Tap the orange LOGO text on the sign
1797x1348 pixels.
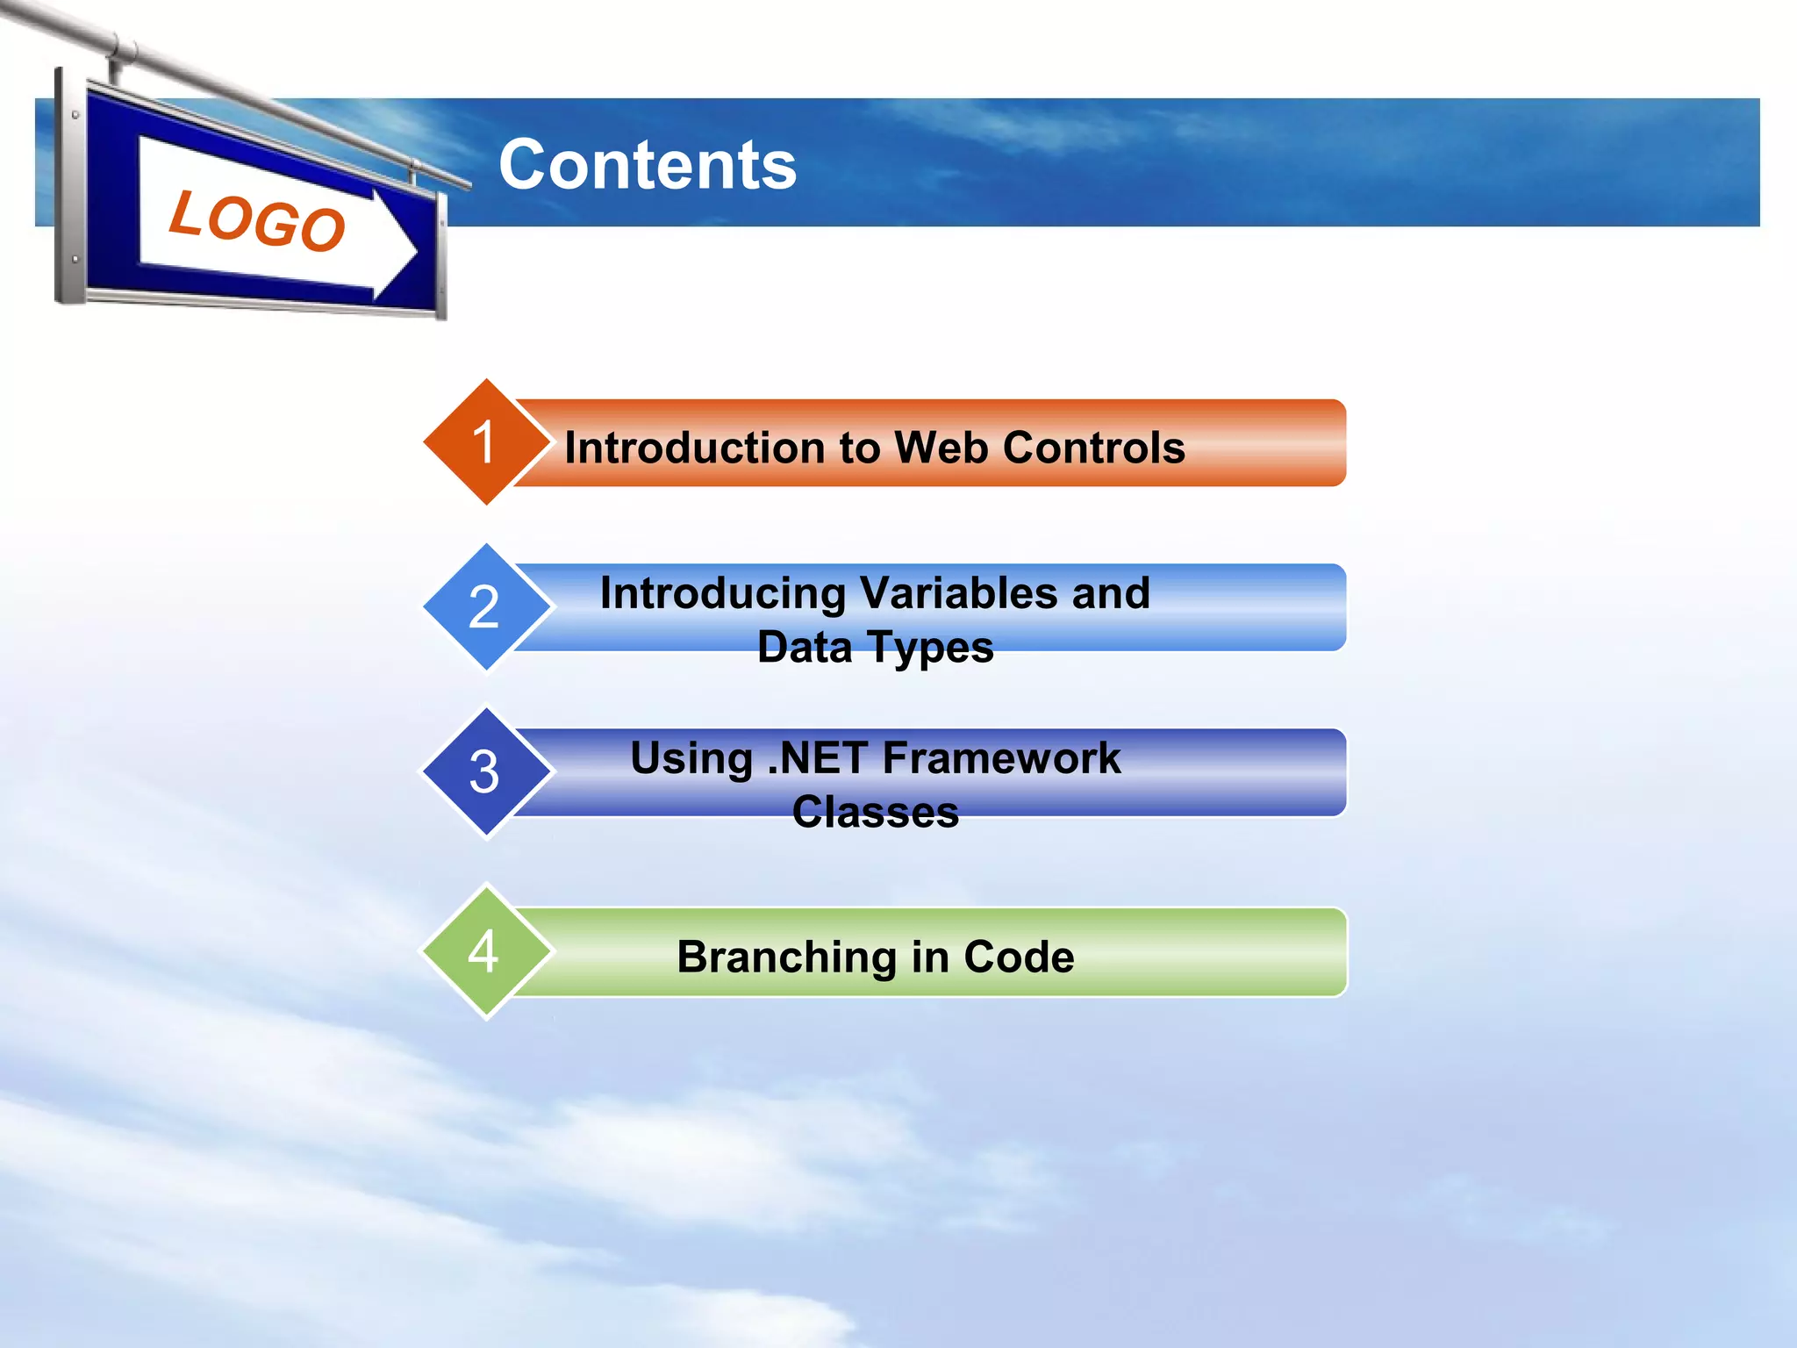coord(257,221)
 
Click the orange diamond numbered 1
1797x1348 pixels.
coord(485,441)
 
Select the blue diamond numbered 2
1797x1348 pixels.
coord(485,606)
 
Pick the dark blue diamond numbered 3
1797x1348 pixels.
coord(485,771)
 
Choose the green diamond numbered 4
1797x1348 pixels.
coord(485,951)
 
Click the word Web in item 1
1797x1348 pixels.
coord(941,448)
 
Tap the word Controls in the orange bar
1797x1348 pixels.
coord(1093,448)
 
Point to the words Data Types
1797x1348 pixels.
coord(875,648)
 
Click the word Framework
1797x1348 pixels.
coord(1001,758)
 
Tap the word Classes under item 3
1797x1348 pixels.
coord(875,812)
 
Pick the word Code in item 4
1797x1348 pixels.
coord(1019,957)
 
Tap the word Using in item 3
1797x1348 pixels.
coord(691,759)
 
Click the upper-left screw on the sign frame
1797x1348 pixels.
coord(76,115)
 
